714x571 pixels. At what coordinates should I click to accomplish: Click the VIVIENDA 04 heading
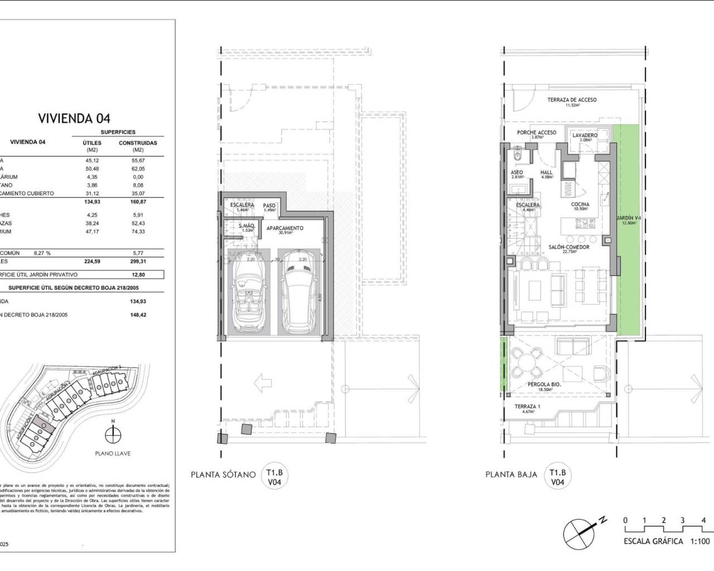tap(74, 118)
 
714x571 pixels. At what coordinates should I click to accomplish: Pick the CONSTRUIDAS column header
tap(138, 143)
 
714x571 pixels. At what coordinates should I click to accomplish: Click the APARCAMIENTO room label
tap(284, 229)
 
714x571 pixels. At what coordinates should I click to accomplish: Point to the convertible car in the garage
tap(247, 294)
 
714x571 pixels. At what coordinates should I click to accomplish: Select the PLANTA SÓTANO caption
tap(223, 475)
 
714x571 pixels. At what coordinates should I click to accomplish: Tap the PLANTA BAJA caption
tap(512, 475)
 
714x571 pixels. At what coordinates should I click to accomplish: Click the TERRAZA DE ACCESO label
tap(572, 100)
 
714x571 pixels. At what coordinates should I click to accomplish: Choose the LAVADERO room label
tap(585, 136)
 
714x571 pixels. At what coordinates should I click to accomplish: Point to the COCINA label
tap(580, 205)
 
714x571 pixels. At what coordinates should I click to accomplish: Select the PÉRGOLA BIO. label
tap(544, 385)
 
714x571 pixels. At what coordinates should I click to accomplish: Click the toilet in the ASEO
tap(517, 154)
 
